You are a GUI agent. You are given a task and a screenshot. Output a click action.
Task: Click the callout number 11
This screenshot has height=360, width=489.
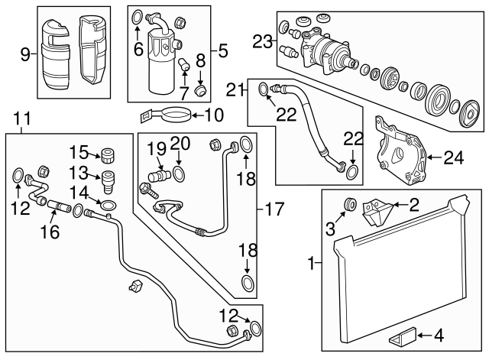click(x=23, y=118)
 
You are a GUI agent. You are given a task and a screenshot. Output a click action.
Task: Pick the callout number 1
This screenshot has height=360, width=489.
click(x=311, y=264)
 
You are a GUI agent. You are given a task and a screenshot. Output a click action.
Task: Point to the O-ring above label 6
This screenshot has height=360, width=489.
click(x=137, y=16)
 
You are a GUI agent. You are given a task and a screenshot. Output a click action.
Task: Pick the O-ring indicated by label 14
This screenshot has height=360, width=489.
click(x=109, y=205)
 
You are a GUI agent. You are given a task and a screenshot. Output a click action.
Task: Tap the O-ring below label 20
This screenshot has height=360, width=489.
click(x=179, y=175)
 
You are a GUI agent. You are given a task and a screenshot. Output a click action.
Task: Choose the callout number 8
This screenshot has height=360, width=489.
click(x=202, y=60)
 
